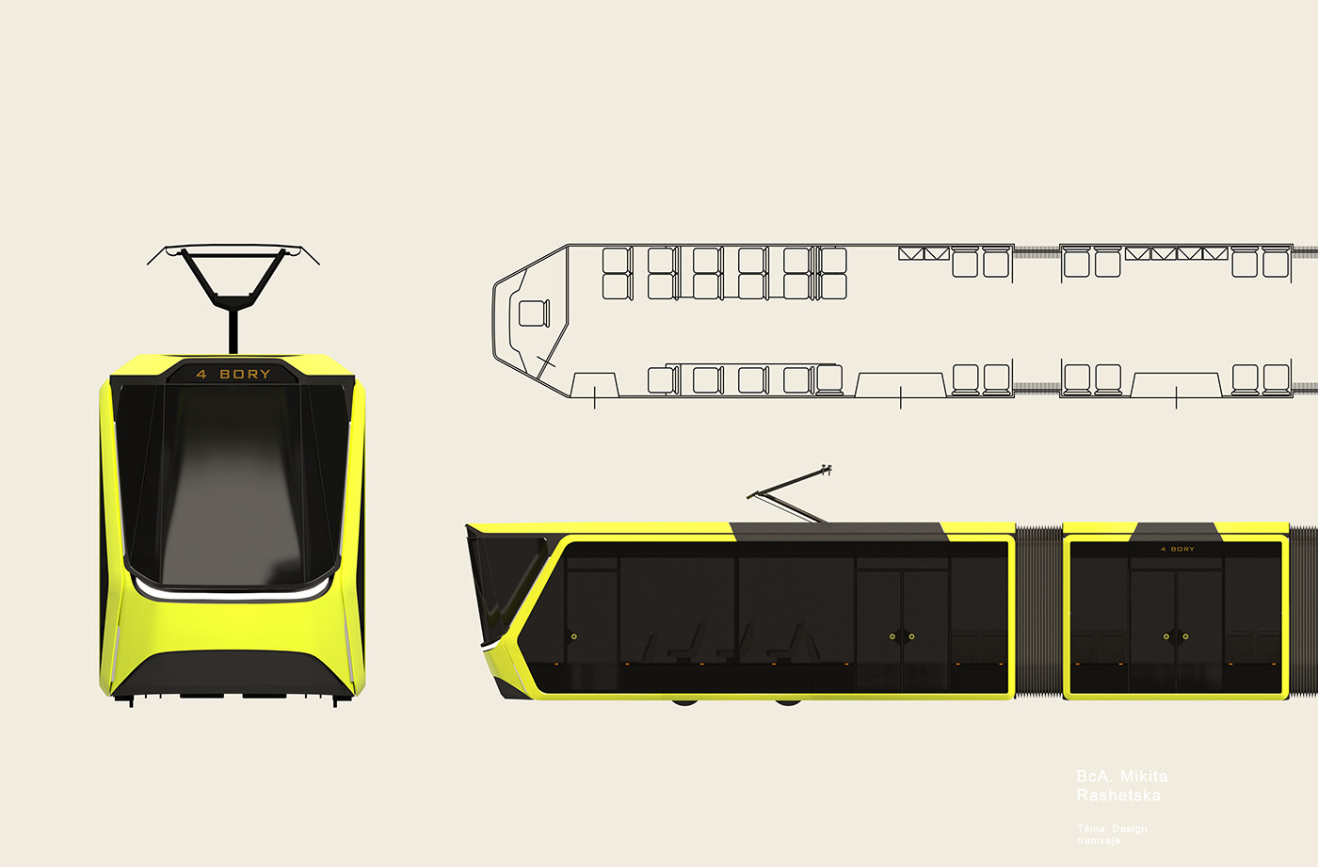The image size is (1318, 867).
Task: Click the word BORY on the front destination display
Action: click(x=245, y=374)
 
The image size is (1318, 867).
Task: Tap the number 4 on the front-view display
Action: click(x=201, y=374)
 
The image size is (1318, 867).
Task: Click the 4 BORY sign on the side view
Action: click(x=1177, y=549)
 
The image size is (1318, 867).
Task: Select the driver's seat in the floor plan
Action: click(x=534, y=313)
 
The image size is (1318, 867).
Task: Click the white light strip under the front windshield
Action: click(x=231, y=594)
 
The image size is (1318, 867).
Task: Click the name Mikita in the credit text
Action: click(x=1144, y=777)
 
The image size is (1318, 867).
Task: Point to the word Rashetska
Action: click(x=1118, y=795)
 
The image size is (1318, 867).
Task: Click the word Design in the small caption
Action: click(x=1130, y=828)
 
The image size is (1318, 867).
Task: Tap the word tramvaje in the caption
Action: click(x=1099, y=840)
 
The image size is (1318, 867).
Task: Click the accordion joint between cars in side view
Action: click(x=1038, y=612)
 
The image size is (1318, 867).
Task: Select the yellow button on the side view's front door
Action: click(x=573, y=636)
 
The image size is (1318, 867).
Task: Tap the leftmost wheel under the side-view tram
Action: click(x=684, y=701)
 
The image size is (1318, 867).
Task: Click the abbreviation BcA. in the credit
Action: click(x=1094, y=777)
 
